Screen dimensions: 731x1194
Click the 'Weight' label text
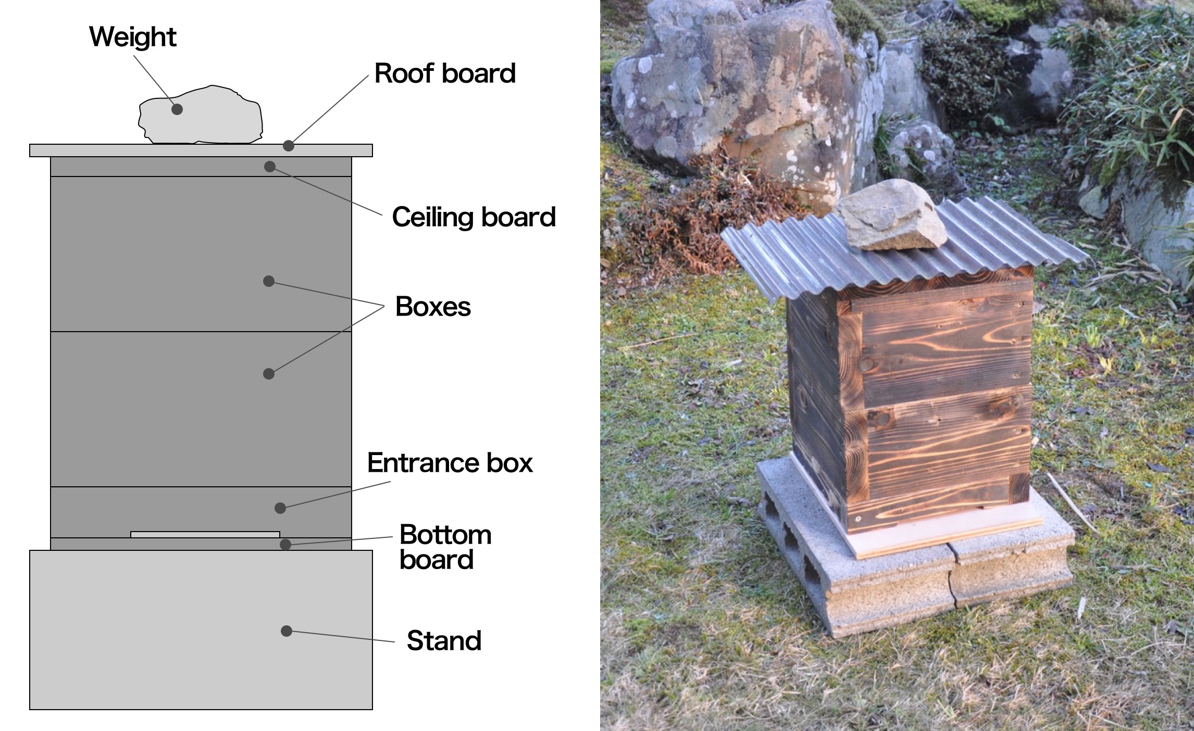tap(133, 37)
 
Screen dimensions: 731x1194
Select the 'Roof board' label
tap(445, 73)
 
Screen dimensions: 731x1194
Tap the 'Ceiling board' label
tap(474, 217)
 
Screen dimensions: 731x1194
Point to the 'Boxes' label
tap(433, 307)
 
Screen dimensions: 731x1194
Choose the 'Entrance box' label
tap(450, 463)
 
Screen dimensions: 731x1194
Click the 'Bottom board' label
tap(444, 547)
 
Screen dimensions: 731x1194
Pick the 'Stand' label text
tap(444, 641)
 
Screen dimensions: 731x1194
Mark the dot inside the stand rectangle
tap(286, 631)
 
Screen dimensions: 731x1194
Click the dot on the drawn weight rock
tap(177, 109)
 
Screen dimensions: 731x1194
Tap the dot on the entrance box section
tap(280, 508)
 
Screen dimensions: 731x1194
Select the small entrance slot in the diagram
tap(205, 534)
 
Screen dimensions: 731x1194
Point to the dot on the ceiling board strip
tap(269, 167)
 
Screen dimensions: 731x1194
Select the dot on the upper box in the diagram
tap(269, 281)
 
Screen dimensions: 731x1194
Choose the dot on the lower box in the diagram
tap(269, 373)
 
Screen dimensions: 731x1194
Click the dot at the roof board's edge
tap(289, 146)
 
